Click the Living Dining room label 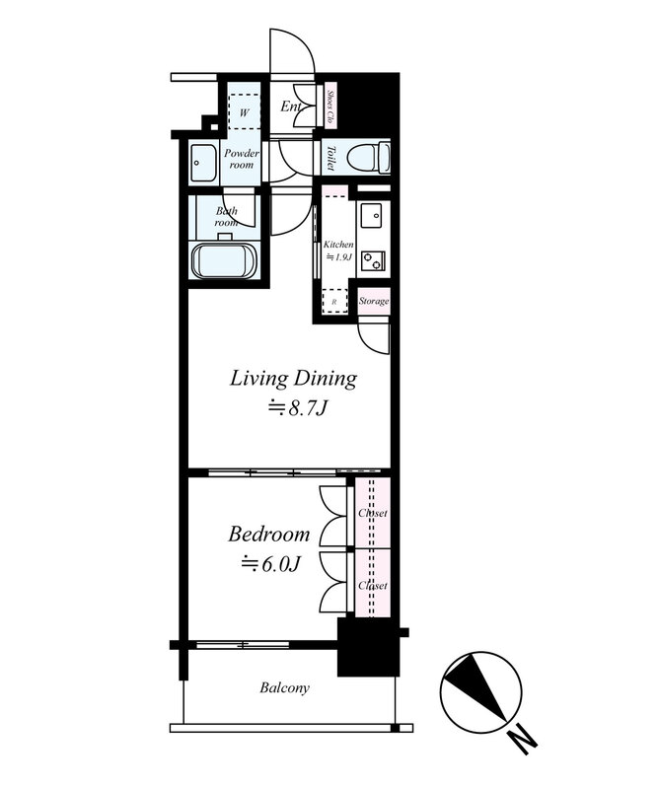(293, 378)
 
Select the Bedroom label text (269, 535)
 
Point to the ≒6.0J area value (269, 564)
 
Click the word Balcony (285, 688)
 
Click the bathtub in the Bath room (225, 262)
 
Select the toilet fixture (372, 156)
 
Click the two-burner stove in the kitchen (373, 261)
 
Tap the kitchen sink (372, 215)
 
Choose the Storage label (374, 301)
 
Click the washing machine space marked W (244, 111)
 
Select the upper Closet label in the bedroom (373, 514)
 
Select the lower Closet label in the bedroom (373, 585)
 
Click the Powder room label (241, 159)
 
